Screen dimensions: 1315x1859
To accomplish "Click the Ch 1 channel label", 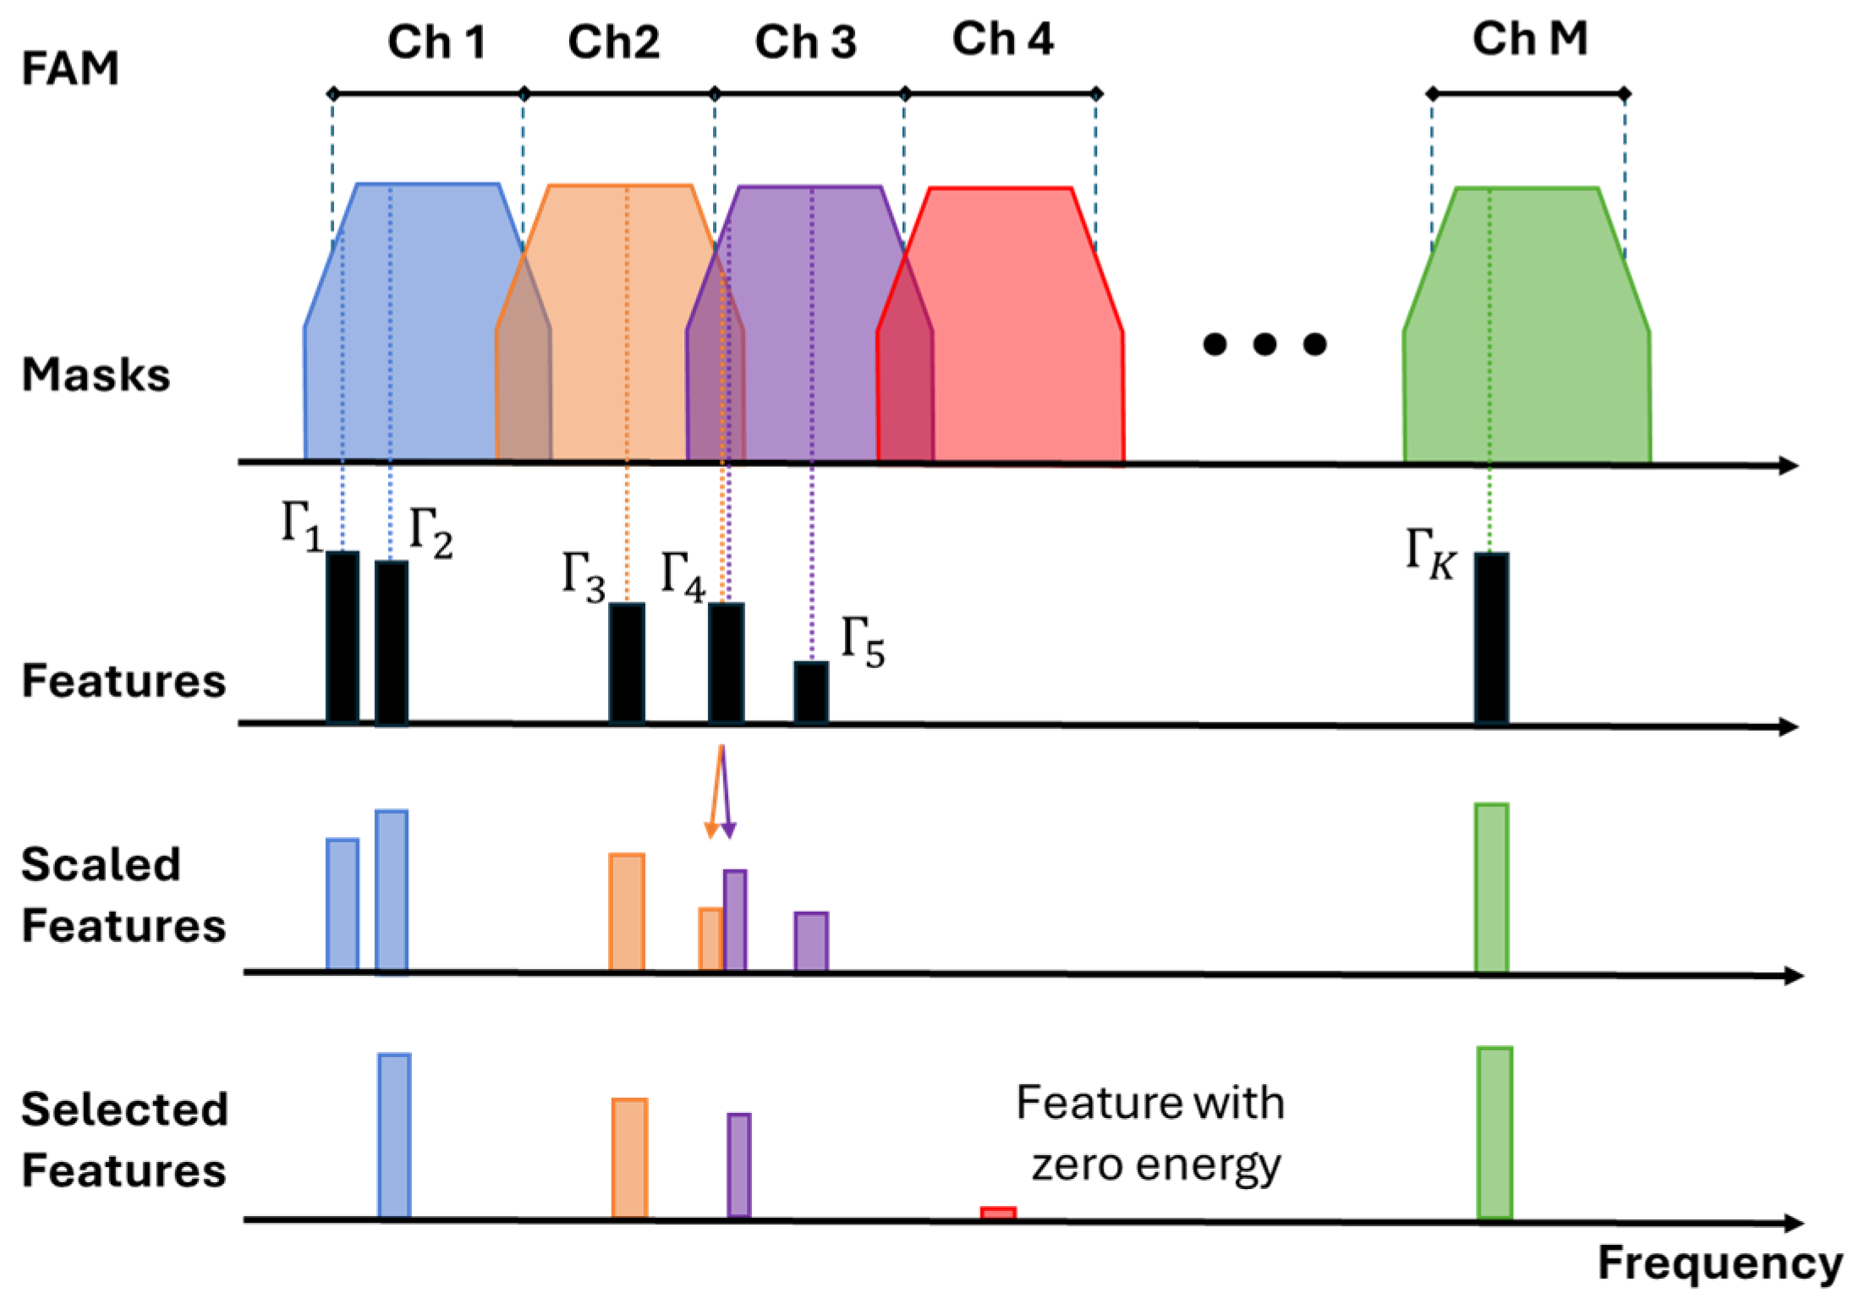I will pyautogui.click(x=436, y=41).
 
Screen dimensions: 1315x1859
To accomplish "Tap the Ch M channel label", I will pyautogui.click(x=1529, y=39).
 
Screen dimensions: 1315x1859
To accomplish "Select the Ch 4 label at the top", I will pyautogui.click(x=1002, y=39).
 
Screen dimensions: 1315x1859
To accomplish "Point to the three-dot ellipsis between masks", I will pyautogui.click(x=1264, y=344).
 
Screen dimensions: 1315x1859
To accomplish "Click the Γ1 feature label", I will pyautogui.click(x=301, y=526).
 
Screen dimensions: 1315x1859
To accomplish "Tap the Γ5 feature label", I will pyautogui.click(x=862, y=644).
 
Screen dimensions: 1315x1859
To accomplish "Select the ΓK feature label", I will pyautogui.click(x=1430, y=554).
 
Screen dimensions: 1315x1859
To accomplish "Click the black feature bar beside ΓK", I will pyautogui.click(x=1490, y=638).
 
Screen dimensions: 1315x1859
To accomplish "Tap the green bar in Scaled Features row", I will pyautogui.click(x=1491, y=888).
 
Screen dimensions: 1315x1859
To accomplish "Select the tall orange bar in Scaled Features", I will pyautogui.click(x=627, y=912).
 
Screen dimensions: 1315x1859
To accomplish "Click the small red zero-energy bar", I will pyautogui.click(x=998, y=1213).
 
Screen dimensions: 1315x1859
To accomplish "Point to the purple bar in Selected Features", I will pyautogui.click(x=738, y=1164).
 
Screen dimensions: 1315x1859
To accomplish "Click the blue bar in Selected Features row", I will pyautogui.click(x=394, y=1136).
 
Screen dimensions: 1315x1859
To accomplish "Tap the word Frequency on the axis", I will pyautogui.click(x=1719, y=1264).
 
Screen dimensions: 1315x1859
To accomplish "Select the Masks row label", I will pyautogui.click(x=96, y=375).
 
